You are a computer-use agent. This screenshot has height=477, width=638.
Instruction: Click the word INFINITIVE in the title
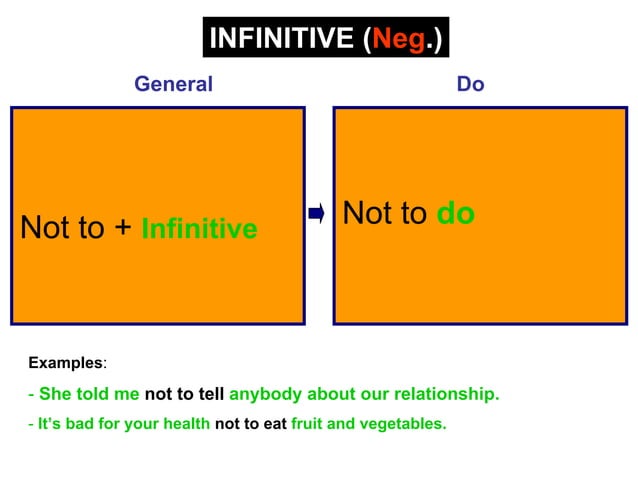click(x=280, y=40)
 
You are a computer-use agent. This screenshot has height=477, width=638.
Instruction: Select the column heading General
click(x=173, y=84)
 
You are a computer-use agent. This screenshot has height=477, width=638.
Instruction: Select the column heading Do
click(x=470, y=84)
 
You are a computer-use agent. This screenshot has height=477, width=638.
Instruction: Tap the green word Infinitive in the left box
click(x=199, y=230)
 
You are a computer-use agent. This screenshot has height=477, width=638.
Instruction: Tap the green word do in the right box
click(x=455, y=214)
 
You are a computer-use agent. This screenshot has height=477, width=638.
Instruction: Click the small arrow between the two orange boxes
click(x=317, y=213)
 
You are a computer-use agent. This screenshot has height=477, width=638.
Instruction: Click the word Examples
click(x=65, y=362)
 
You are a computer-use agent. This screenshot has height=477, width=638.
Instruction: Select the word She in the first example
click(x=57, y=394)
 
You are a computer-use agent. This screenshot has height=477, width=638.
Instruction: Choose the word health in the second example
click(x=183, y=424)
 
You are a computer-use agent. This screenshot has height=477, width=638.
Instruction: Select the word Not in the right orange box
click(x=366, y=213)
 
